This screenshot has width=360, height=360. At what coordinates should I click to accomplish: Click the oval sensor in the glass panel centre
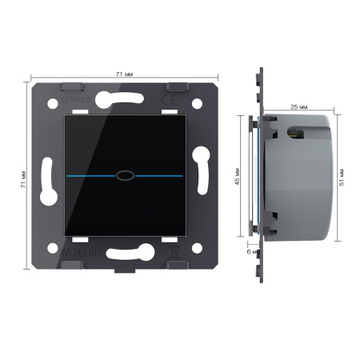coord(123,173)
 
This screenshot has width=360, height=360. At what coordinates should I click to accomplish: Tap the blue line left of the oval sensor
coord(89,173)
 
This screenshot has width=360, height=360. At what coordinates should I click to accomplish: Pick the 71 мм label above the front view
coord(124,74)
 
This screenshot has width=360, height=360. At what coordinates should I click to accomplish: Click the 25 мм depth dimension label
coord(299,106)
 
